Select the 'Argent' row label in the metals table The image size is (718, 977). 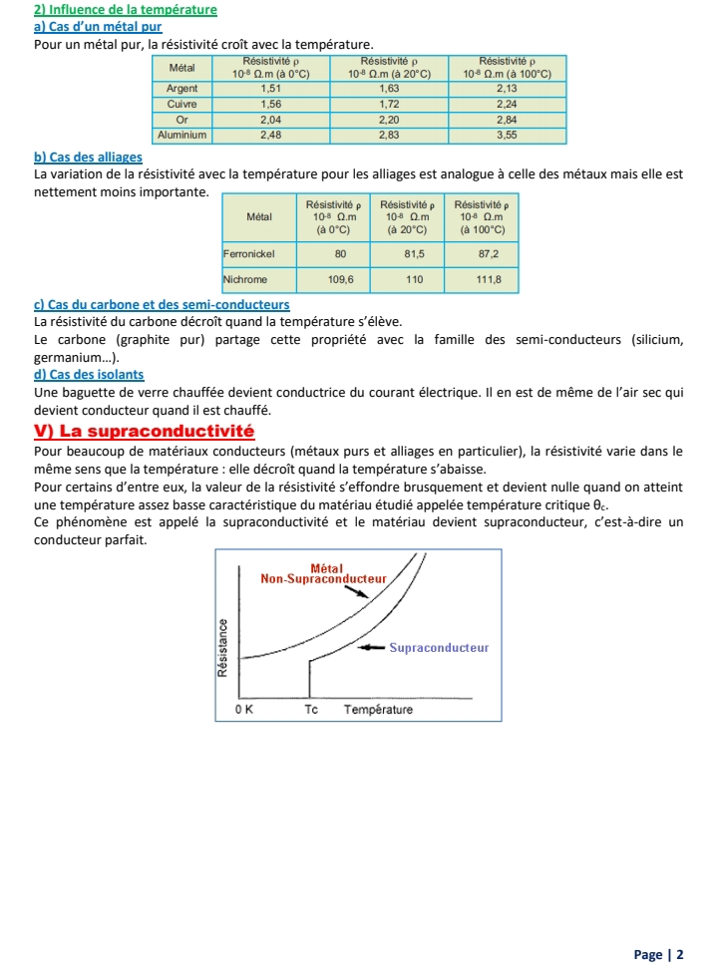pyautogui.click(x=181, y=88)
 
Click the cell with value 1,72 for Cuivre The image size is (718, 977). pyautogui.click(x=389, y=103)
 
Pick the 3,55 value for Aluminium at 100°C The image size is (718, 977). pyautogui.click(x=507, y=133)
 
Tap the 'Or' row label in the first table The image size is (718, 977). pyautogui.click(x=181, y=118)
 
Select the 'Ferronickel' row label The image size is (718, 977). pyautogui.click(x=249, y=254)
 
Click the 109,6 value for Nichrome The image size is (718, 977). pyautogui.click(x=341, y=280)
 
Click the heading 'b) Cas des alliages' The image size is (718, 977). pyautogui.click(x=88, y=158)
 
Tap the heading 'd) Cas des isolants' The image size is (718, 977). pyautogui.click(x=89, y=375)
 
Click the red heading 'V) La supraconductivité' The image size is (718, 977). pyautogui.click(x=145, y=432)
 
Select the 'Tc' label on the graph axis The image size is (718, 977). pyautogui.click(x=311, y=710)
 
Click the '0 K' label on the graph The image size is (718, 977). pyautogui.click(x=244, y=710)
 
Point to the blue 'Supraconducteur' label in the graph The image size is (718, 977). pyautogui.click(x=439, y=647)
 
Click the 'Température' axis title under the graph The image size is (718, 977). pyautogui.click(x=378, y=710)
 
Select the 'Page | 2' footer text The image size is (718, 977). pyautogui.click(x=658, y=954)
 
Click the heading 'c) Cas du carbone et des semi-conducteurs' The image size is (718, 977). pyautogui.click(x=162, y=304)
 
